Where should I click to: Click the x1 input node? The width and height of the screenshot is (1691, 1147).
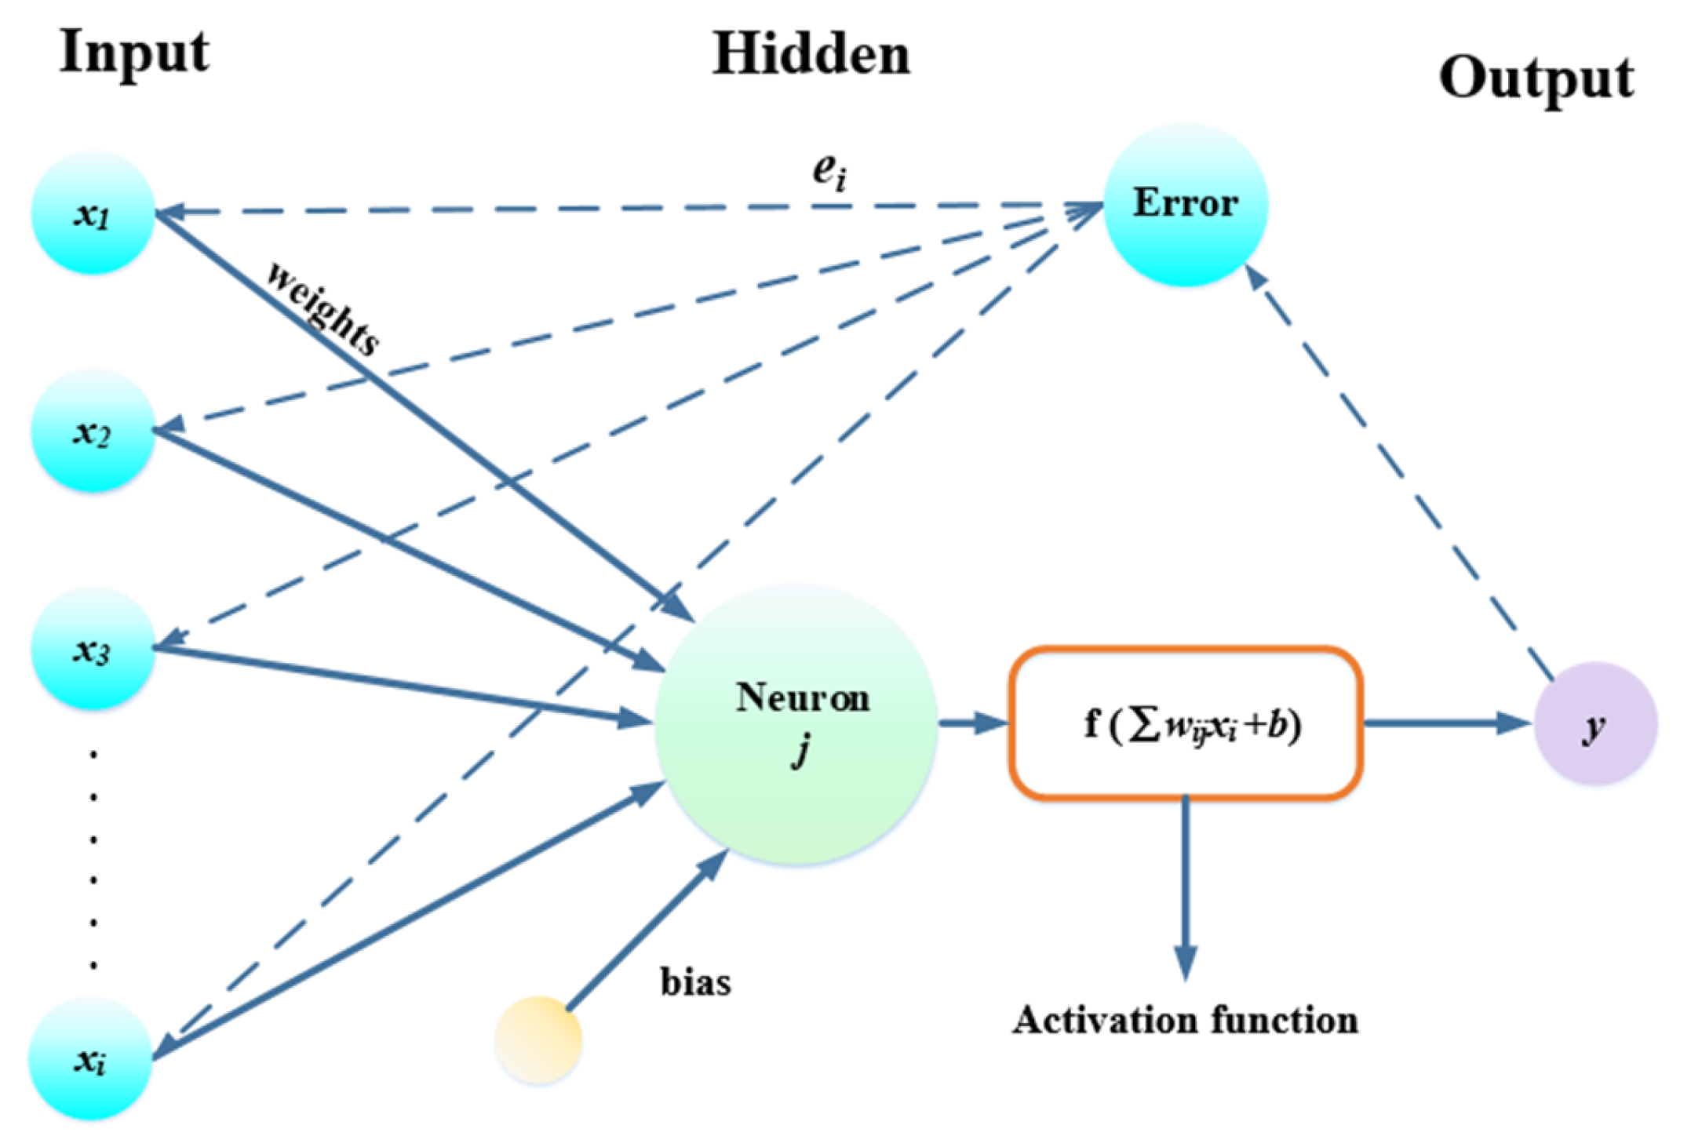click(93, 213)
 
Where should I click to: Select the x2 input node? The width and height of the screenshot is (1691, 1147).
click(93, 431)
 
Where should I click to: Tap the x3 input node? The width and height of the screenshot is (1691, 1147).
click(93, 650)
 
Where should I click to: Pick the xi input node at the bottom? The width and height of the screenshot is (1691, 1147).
click(90, 1059)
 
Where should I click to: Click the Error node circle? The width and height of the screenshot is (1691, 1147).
click(1185, 204)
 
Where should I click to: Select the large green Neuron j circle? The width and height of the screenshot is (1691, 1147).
click(796, 726)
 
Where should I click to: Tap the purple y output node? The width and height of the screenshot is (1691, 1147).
click(1595, 723)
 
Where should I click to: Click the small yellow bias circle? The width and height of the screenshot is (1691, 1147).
click(538, 1040)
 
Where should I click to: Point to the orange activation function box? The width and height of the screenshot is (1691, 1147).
click(1185, 723)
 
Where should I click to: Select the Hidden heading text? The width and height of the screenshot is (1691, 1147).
click(811, 55)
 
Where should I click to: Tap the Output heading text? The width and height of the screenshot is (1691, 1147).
click(1536, 78)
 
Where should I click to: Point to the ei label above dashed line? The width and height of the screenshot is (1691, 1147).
click(829, 171)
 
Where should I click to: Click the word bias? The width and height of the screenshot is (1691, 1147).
click(695, 982)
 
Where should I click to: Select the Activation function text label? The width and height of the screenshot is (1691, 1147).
click(1185, 1021)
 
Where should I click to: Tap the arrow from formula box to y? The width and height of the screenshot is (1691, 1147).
click(1444, 723)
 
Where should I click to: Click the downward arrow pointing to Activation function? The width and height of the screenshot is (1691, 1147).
click(1185, 887)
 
